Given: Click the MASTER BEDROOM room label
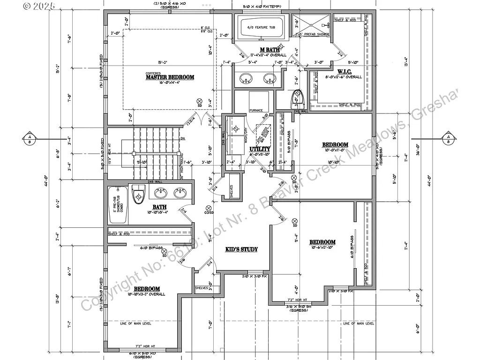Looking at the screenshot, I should [x=170, y=77].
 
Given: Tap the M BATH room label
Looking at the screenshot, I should [x=270, y=50].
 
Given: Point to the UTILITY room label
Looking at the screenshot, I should [x=257, y=149].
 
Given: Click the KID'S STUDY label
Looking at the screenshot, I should [x=241, y=249].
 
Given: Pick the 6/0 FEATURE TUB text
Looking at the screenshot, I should [x=261, y=28].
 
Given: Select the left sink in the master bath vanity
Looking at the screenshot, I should [x=245, y=78].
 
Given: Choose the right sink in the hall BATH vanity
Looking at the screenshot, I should [x=180, y=193].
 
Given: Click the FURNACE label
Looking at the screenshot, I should [x=256, y=110].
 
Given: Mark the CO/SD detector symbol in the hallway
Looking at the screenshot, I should [x=207, y=210].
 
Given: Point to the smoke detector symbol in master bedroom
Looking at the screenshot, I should [x=199, y=101].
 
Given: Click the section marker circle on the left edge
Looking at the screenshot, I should [x=29, y=138].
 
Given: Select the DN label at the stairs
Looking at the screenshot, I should [x=183, y=139].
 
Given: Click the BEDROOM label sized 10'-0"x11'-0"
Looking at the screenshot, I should [x=335, y=144].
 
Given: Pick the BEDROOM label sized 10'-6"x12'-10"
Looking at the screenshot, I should [x=322, y=242].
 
